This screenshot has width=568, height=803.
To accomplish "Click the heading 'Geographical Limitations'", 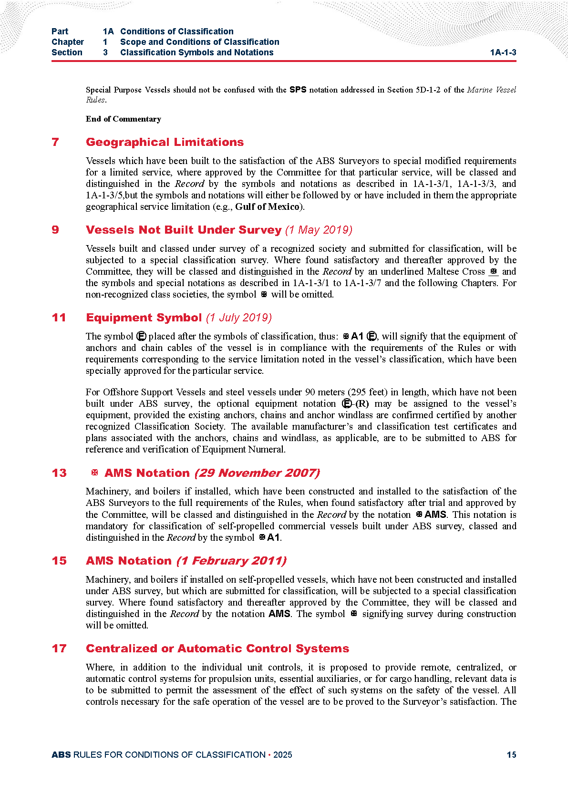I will [165, 142].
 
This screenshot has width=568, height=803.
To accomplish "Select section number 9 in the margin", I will [55, 230].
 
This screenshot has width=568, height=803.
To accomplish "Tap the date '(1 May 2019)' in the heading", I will [319, 230].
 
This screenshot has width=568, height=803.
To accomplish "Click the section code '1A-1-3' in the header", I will [503, 52].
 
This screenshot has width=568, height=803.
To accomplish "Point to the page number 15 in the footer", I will [511, 755].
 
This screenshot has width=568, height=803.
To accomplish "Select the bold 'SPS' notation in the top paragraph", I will [298, 90].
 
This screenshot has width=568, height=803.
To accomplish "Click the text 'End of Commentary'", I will [123, 119].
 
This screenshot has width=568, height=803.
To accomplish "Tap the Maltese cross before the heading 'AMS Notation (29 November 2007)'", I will [94, 473].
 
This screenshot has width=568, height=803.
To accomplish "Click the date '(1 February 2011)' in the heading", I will [231, 561].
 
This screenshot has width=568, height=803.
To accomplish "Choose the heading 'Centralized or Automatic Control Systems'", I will [217, 649].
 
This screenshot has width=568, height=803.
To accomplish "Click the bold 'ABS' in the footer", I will [61, 755].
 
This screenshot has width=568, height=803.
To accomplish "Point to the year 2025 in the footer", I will [282, 755].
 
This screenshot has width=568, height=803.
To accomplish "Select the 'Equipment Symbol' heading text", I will [144, 318].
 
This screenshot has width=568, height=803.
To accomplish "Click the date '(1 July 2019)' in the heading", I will [239, 318].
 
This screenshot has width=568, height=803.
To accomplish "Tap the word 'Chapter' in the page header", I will [68, 42].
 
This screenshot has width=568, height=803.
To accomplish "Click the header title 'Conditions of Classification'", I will [176, 31].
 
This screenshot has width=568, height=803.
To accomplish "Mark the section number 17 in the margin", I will [59, 649].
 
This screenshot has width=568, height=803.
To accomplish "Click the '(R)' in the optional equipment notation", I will [362, 403].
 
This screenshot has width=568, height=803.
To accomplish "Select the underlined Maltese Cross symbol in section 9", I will [494, 271].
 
